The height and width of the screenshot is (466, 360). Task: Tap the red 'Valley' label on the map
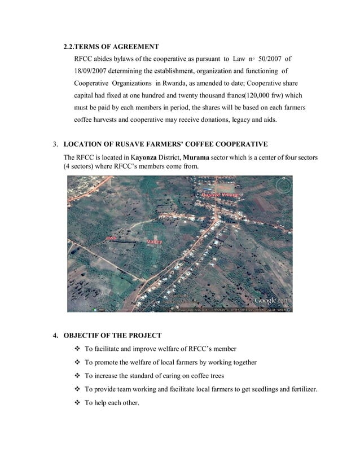(154, 241)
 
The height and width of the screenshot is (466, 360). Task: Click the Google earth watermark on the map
(273, 300)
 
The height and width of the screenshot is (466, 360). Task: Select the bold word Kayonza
(146, 156)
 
